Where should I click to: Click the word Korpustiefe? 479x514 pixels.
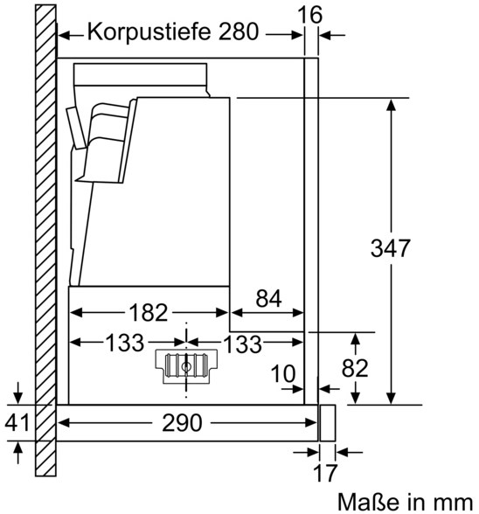149,33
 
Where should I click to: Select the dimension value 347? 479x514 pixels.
390,248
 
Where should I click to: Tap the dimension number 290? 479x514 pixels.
182,423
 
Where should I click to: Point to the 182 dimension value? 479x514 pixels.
149,312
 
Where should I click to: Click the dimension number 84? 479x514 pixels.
268,299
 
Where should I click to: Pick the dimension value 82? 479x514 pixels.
355,368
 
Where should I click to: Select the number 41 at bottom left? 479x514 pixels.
17,422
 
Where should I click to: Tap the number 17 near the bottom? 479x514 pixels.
325,473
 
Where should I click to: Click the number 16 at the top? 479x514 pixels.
309,15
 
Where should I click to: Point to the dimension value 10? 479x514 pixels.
283,374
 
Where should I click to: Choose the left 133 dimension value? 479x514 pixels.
125,343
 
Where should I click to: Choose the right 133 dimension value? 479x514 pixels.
243,344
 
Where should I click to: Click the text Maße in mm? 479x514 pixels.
406,503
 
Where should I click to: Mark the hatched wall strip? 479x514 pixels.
45,240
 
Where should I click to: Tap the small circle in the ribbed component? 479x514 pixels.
186,367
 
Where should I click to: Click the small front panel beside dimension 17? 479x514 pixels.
328,423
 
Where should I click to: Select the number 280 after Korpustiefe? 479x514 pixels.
239,31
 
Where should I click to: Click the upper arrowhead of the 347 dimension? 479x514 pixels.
391,105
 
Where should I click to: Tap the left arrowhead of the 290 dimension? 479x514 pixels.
64,423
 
